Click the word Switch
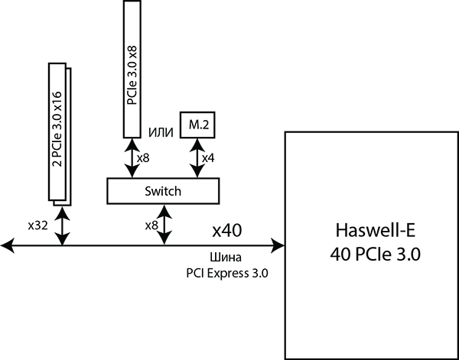[x=163, y=191]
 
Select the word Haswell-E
[x=368, y=231]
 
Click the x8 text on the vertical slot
[x=132, y=53]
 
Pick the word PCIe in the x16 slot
[x=57, y=149]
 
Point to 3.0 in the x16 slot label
[x=57, y=125]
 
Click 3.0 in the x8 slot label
[x=132, y=71]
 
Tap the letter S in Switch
[x=148, y=191]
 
